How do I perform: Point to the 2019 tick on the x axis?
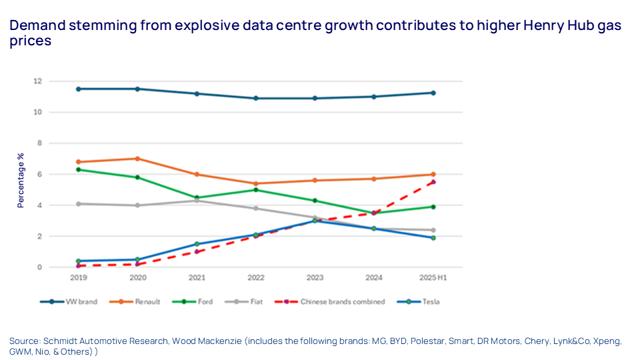click(x=79, y=277)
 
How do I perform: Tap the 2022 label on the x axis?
click(x=255, y=277)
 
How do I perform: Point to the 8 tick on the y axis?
click(x=58, y=143)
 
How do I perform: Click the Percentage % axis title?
click(x=21, y=179)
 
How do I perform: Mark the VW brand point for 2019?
click(x=79, y=89)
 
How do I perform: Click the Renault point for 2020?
click(x=137, y=159)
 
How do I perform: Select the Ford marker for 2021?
click(x=197, y=197)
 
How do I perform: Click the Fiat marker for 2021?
click(x=197, y=201)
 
